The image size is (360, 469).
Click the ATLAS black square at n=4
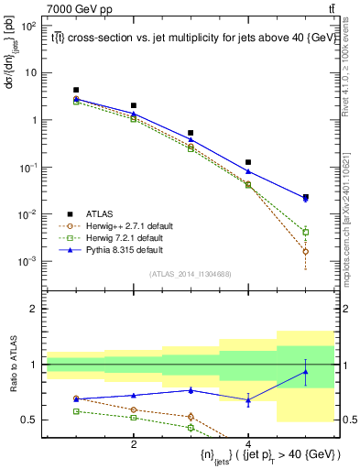[248, 162]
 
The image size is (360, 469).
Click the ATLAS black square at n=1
[77, 90]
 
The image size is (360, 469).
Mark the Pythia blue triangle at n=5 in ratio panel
[305, 371]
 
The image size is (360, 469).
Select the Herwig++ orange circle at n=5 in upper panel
[305, 251]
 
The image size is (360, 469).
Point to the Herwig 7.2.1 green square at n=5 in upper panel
[305, 233]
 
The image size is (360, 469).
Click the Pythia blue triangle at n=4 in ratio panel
[248, 400]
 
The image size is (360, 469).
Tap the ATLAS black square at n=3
[191, 133]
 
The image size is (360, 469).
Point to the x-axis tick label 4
[248, 442]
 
